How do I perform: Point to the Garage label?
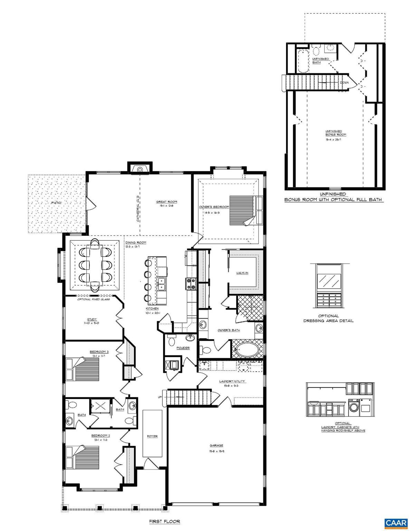pos(216,445)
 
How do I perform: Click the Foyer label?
pos(152,436)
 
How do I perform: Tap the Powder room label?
pos(183,348)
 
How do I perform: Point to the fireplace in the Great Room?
pos(140,169)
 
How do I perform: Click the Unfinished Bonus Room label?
pos(333,133)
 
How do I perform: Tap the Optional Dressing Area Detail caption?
pos(328,318)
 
